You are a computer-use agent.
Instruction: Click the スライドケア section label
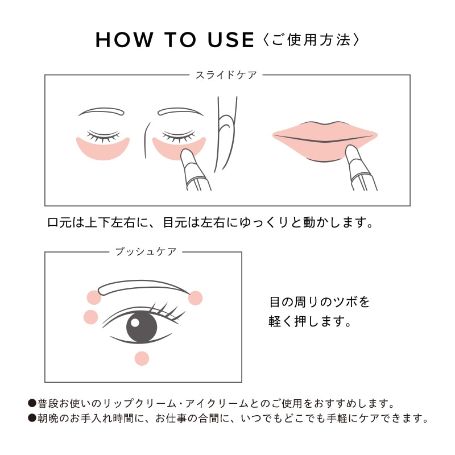point(226,75)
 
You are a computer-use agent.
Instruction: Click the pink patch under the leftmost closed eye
point(102,150)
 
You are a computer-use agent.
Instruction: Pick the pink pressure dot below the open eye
point(142,358)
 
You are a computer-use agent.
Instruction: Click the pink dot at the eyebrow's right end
point(195,297)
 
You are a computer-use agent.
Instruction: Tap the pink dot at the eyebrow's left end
point(94,297)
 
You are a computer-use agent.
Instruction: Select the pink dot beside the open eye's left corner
point(90,317)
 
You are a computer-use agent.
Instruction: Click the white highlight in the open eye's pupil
point(135,322)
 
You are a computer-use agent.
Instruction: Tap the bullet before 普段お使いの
point(32,403)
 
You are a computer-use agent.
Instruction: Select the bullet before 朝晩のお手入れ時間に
point(32,419)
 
